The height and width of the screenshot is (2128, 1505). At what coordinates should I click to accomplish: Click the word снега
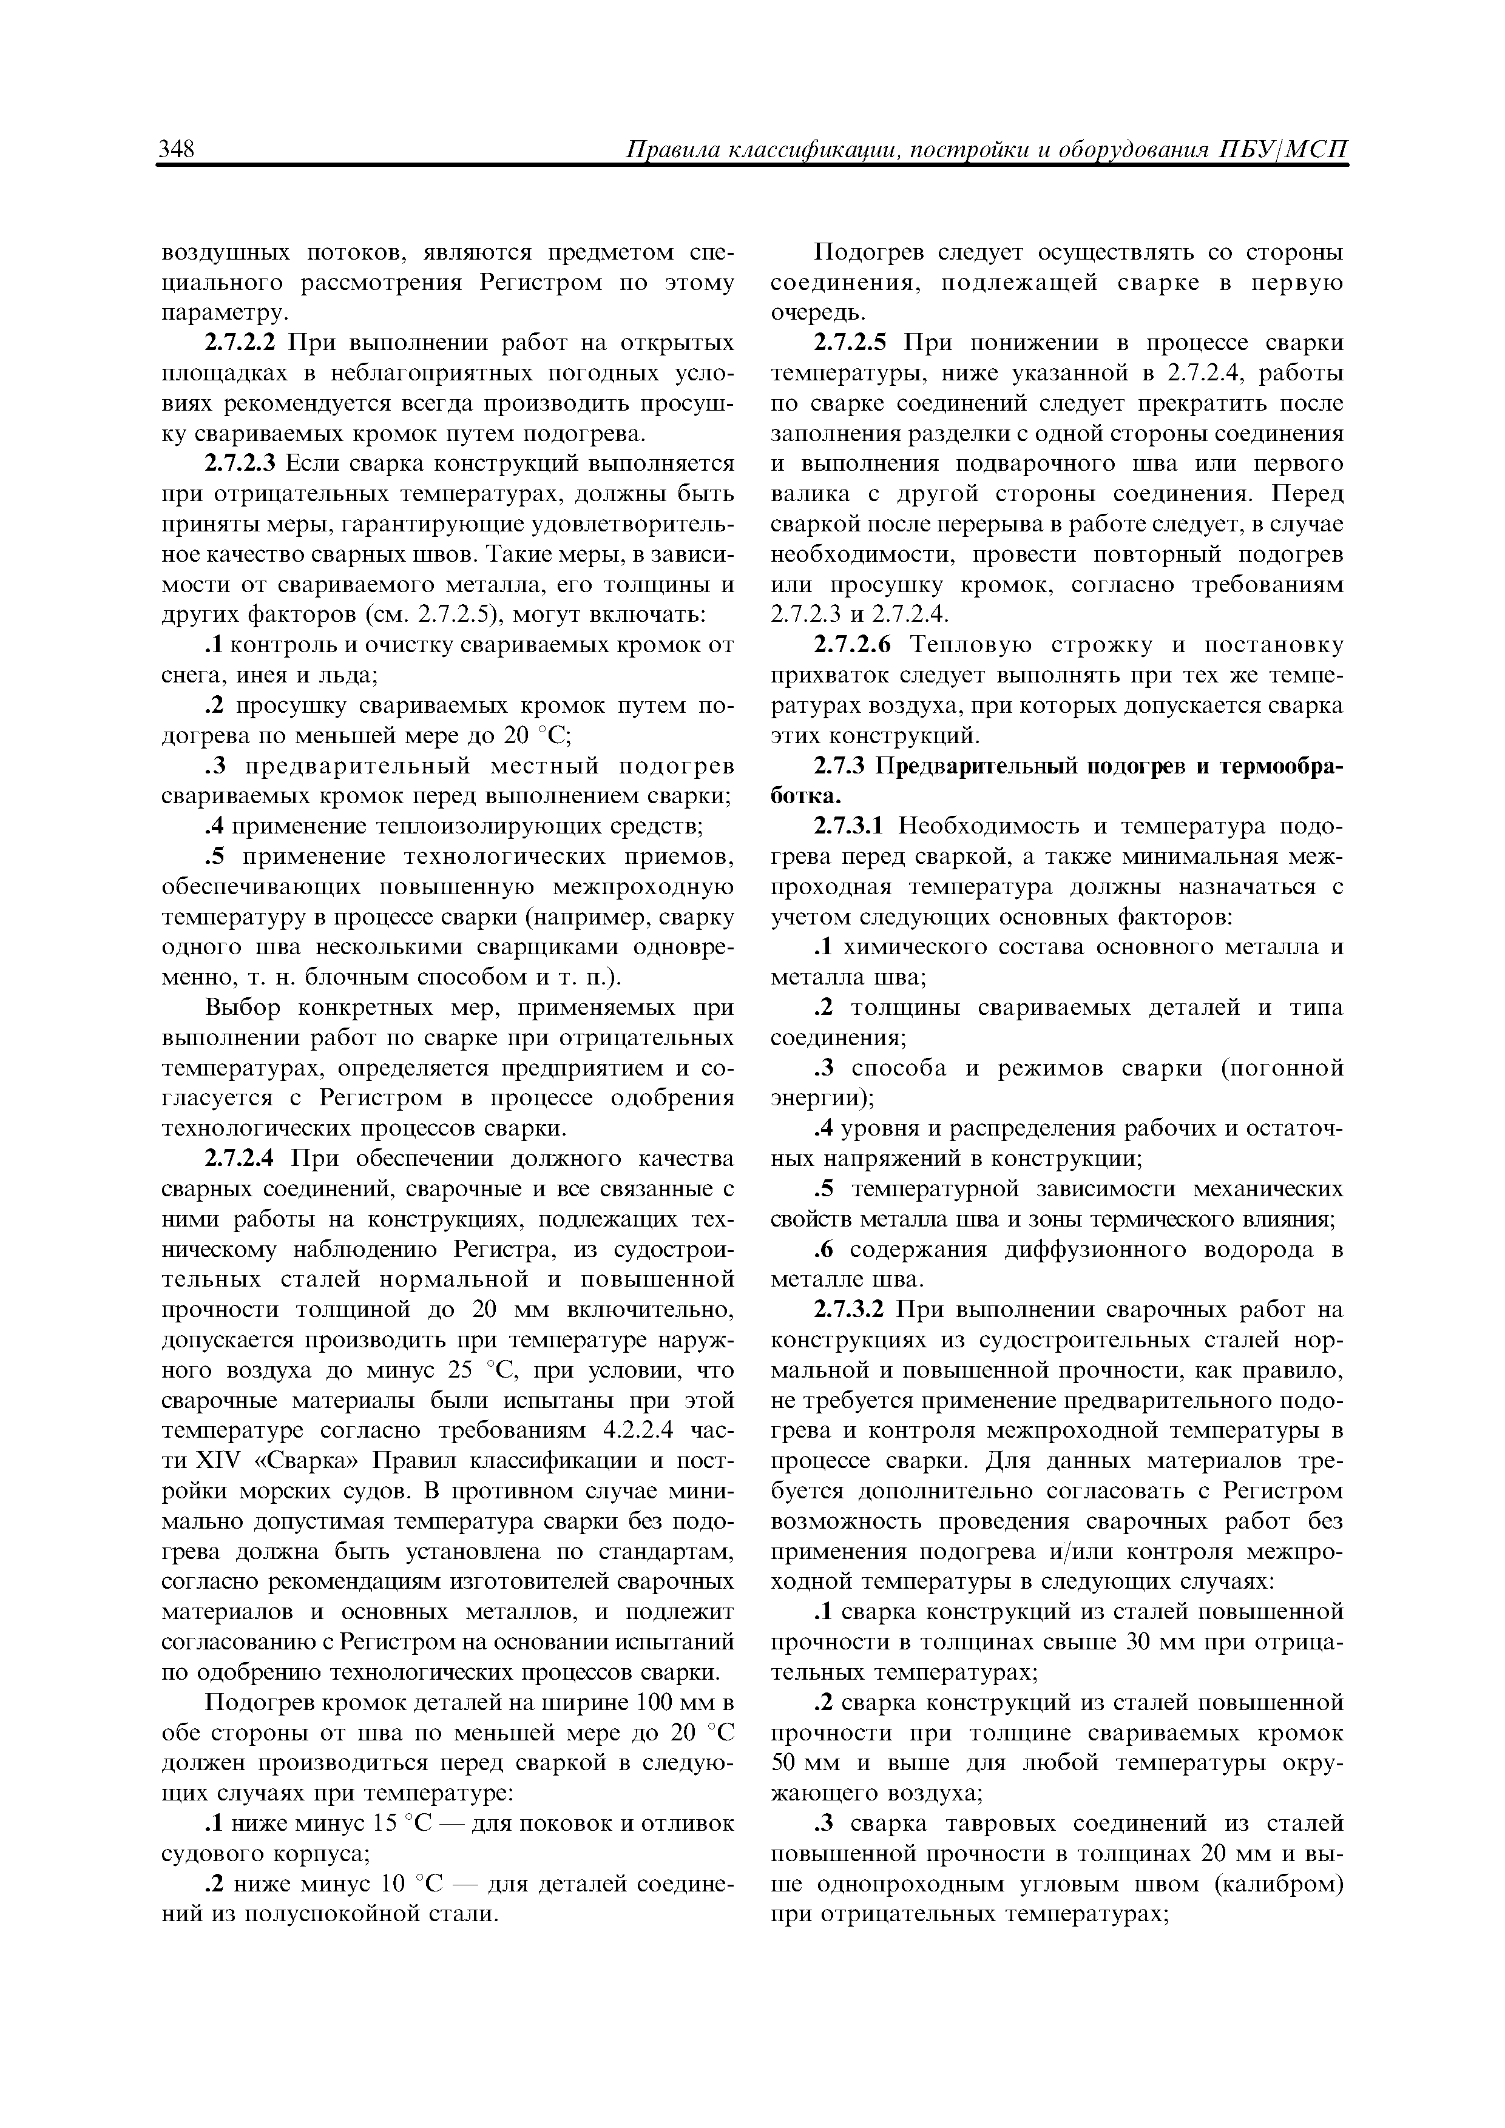click(192, 675)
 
